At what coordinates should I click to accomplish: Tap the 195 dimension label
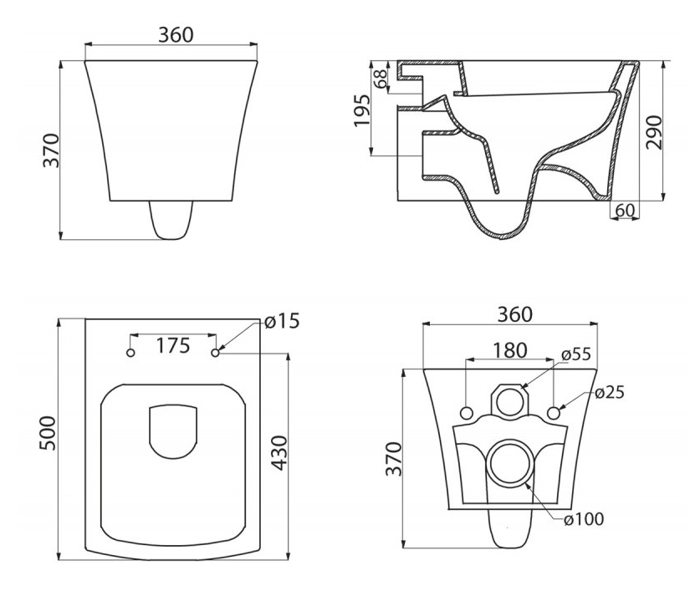(x=363, y=110)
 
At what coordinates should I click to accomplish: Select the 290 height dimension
(x=654, y=132)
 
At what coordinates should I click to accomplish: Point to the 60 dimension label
(x=625, y=211)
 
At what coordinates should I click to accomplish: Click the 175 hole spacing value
(x=173, y=346)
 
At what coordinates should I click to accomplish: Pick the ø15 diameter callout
(x=282, y=321)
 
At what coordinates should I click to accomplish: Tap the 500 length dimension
(x=48, y=433)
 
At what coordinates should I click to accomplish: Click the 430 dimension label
(x=279, y=453)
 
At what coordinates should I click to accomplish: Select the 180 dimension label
(x=509, y=350)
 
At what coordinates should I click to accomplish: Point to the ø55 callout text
(x=576, y=354)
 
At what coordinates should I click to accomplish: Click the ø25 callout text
(x=610, y=392)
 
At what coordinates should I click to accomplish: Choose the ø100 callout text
(x=584, y=519)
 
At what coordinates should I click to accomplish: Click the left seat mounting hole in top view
(x=130, y=353)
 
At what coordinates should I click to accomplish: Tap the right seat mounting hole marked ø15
(x=216, y=353)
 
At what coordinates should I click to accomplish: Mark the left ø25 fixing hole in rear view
(x=467, y=413)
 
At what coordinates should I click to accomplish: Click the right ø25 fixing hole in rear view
(x=554, y=413)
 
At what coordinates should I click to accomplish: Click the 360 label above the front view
(x=176, y=35)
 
